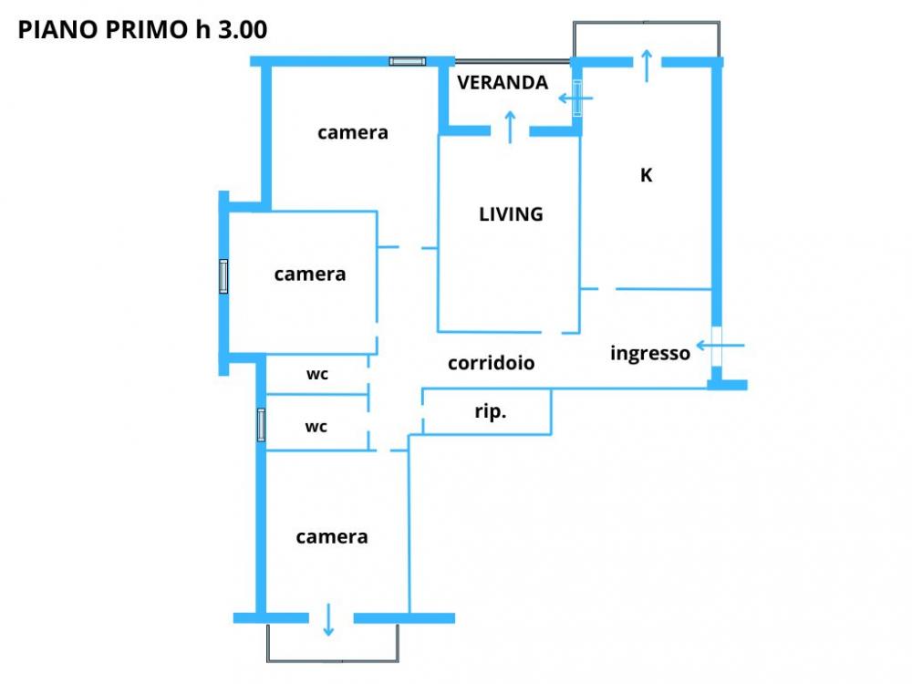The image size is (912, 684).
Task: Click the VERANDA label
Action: pos(503,83)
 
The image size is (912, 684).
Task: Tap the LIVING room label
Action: pos(511,214)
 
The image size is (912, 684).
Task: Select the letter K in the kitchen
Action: pos(647,175)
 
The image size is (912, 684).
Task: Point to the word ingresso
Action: pos(650,353)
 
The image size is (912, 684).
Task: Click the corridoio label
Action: pos(491,363)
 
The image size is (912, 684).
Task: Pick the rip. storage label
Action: pos(491,412)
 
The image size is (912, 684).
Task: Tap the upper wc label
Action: pos(317,374)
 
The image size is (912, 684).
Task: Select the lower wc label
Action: pos(316,427)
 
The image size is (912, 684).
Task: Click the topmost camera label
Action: pos(352,132)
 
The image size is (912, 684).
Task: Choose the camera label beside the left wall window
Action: pos(310,274)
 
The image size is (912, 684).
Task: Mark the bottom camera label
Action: pos(332,537)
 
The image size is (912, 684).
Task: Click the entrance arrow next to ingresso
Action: pos(720,346)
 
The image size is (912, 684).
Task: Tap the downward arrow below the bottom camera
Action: pos(328,620)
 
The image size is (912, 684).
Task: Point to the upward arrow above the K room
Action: pos(647,67)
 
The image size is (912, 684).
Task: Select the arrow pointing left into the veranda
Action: pos(575,98)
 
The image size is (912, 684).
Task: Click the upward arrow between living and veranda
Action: pos(510,128)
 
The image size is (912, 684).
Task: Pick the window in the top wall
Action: pos(407,61)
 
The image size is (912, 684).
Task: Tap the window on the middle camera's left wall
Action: pos(223,276)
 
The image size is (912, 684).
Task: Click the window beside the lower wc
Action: pos(261,425)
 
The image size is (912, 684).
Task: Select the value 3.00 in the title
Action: pos(243,30)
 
